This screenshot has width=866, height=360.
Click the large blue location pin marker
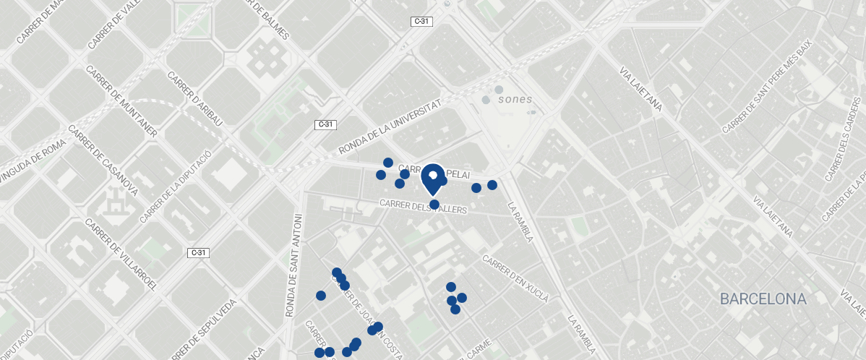tap(433, 178)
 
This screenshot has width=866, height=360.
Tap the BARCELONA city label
tap(763, 299)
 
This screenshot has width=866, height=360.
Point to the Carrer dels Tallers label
tap(424, 206)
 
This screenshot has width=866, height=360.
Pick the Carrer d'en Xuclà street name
tap(516, 278)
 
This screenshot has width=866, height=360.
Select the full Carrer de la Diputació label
tap(176, 187)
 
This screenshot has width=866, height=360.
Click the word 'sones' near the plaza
tap(515, 99)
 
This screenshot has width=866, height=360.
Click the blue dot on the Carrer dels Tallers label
tap(434, 205)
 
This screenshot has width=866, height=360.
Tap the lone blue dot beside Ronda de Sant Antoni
tap(321, 296)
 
